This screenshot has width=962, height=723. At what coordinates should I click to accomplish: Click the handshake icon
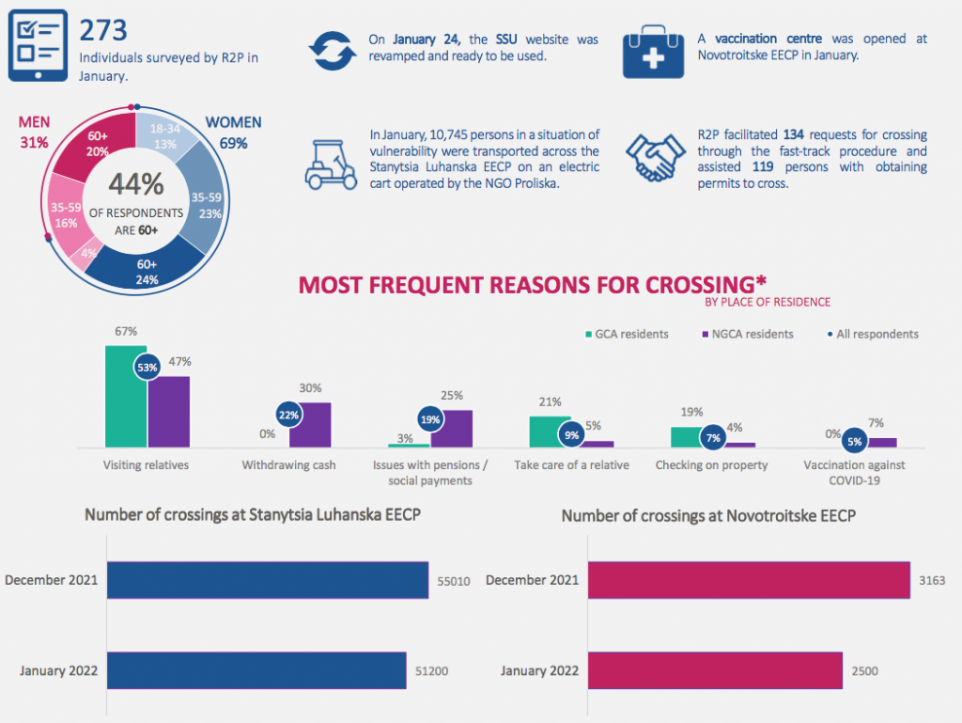[655, 158]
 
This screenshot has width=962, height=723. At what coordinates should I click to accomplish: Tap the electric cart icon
[331, 165]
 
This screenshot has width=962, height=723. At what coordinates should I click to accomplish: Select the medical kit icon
[653, 52]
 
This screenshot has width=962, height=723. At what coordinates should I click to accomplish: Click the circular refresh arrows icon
[332, 51]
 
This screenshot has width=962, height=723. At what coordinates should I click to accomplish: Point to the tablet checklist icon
[38, 45]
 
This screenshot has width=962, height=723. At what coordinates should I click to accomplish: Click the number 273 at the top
[103, 30]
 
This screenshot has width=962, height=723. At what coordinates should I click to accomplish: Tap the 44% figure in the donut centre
[136, 183]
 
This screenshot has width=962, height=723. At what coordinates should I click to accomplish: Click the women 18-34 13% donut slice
[164, 136]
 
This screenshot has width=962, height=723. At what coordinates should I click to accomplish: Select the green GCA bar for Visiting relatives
[126, 397]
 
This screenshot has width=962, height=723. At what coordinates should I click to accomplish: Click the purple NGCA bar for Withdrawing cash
[310, 425]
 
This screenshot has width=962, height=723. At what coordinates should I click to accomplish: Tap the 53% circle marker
[147, 368]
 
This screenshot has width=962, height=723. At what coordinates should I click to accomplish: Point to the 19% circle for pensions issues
[430, 420]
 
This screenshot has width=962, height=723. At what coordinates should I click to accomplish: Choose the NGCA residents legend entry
[748, 334]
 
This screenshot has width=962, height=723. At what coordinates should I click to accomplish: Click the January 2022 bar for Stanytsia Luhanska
[256, 670]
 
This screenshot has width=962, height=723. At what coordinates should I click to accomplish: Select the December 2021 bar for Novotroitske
[749, 580]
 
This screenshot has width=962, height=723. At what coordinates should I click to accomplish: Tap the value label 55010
[454, 581]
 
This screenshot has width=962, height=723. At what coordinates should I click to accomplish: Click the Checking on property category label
[712, 465]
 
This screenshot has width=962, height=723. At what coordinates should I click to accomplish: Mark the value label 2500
[864, 671]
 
